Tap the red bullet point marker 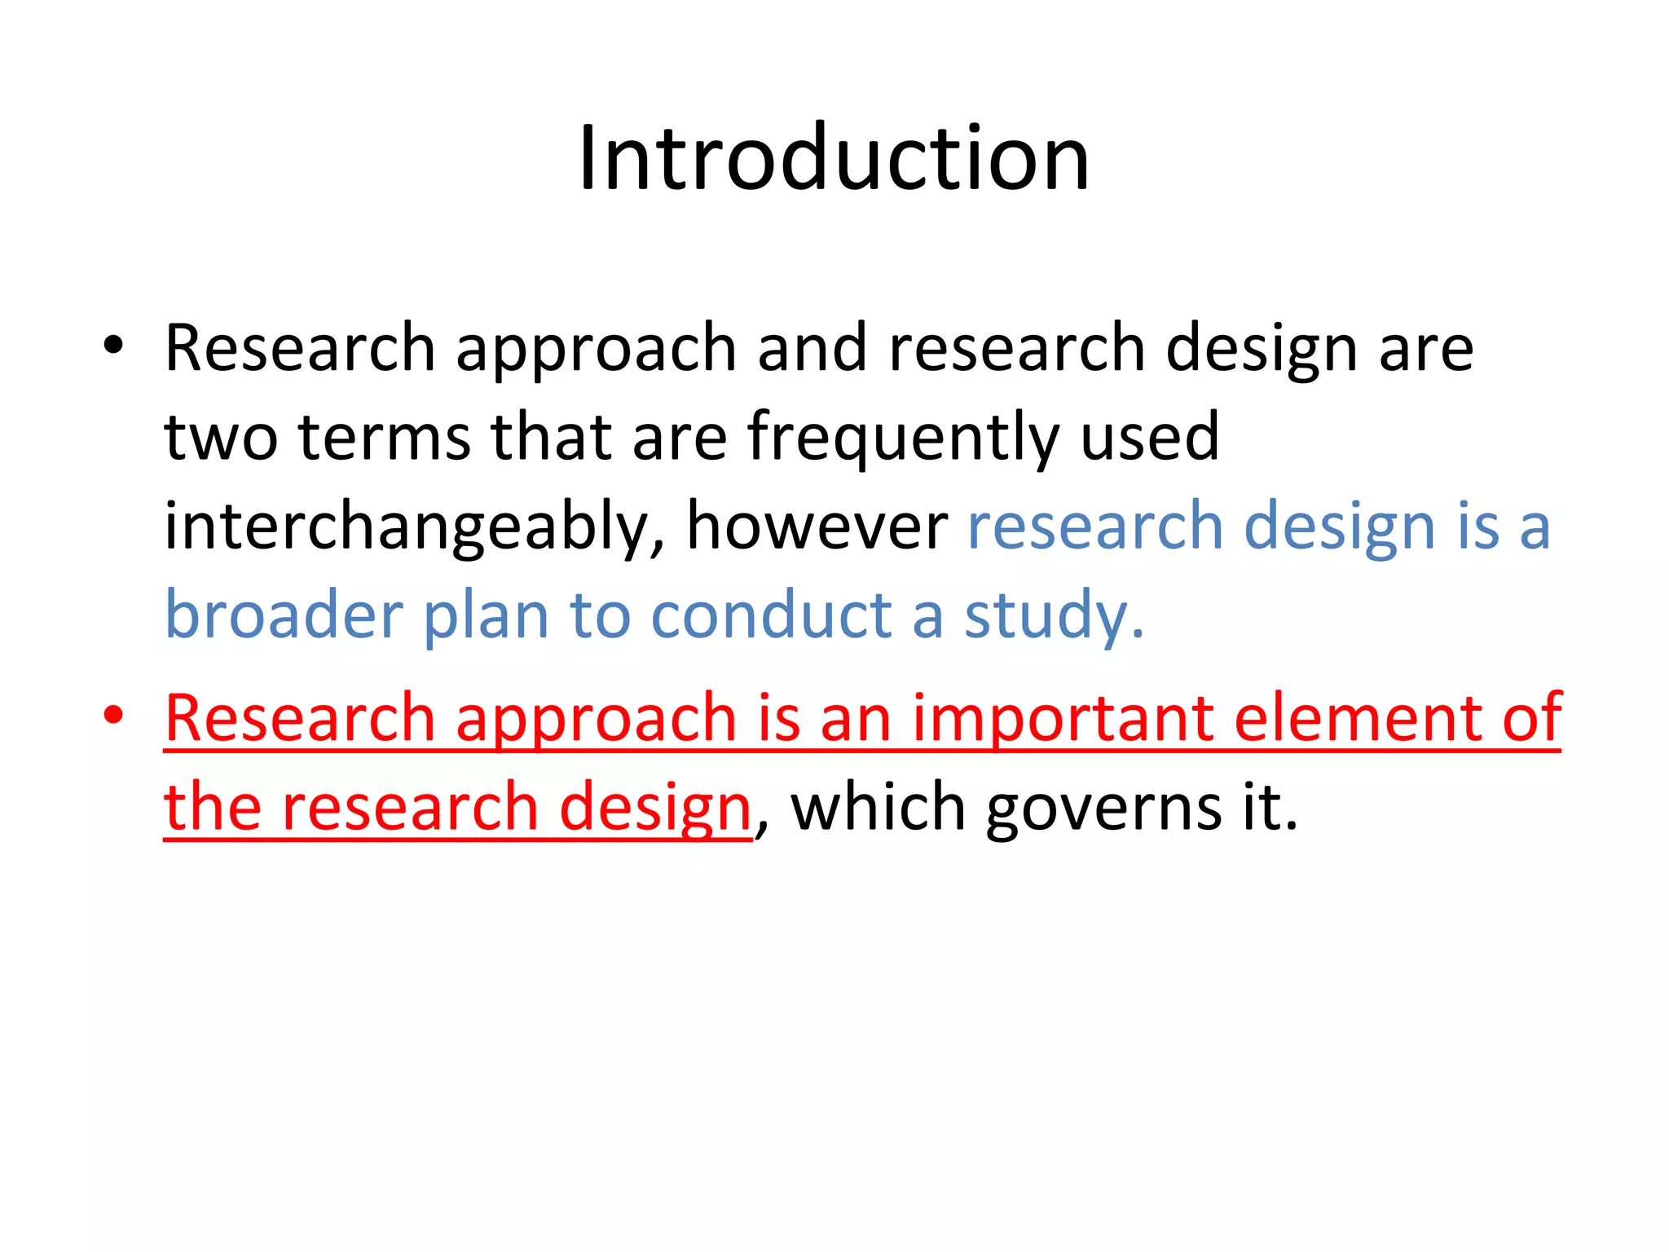(113, 715)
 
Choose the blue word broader (284, 615)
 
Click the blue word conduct (771, 615)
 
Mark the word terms (385, 438)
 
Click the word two (220, 438)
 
